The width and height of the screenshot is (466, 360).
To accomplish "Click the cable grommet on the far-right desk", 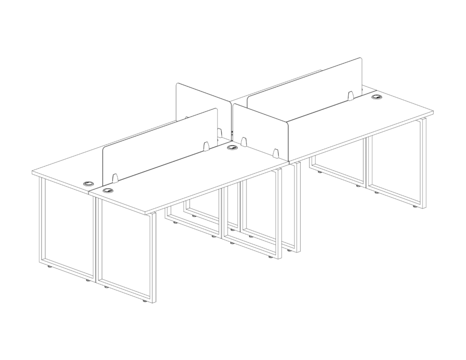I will (x=377, y=97).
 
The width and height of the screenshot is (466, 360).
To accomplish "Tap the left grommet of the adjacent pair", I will (x=88, y=183).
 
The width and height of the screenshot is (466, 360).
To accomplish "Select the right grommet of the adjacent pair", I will (x=107, y=190).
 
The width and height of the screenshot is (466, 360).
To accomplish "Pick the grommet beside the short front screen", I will (x=232, y=148).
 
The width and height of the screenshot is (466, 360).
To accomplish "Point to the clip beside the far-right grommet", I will (x=350, y=96).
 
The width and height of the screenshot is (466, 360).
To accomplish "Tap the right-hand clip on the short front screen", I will (x=276, y=153).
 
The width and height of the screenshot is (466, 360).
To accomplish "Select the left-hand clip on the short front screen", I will (x=243, y=140).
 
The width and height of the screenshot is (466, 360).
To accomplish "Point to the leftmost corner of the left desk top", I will (x=32, y=172).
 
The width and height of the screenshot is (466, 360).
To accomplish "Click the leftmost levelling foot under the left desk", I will (x=50, y=268).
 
